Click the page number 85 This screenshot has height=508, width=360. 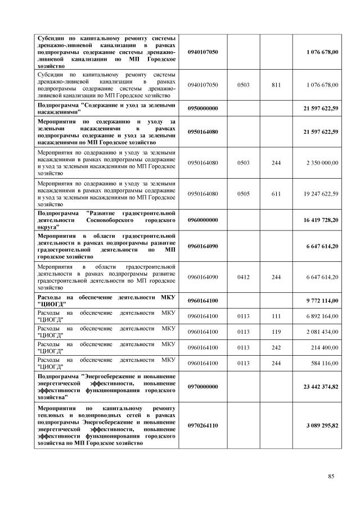coord(331,477)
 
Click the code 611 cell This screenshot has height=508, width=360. coord(276,194)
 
